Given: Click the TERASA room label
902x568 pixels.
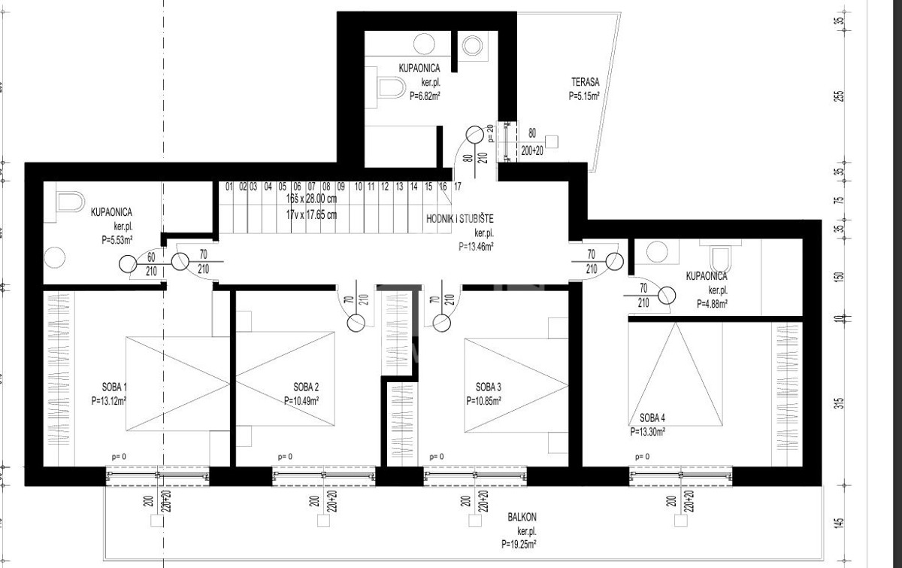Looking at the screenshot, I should tap(584, 84).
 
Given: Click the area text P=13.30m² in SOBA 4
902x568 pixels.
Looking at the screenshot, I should tap(647, 432).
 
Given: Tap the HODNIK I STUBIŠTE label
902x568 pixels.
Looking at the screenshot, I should tap(461, 219).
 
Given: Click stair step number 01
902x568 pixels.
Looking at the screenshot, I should tap(229, 186).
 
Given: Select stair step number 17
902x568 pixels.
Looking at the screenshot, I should tap(456, 186).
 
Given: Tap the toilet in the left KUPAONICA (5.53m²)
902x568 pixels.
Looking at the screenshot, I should tap(69, 204).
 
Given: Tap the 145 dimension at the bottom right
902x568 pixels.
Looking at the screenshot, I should tap(839, 522).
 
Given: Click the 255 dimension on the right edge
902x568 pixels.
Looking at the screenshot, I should tap(839, 96).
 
